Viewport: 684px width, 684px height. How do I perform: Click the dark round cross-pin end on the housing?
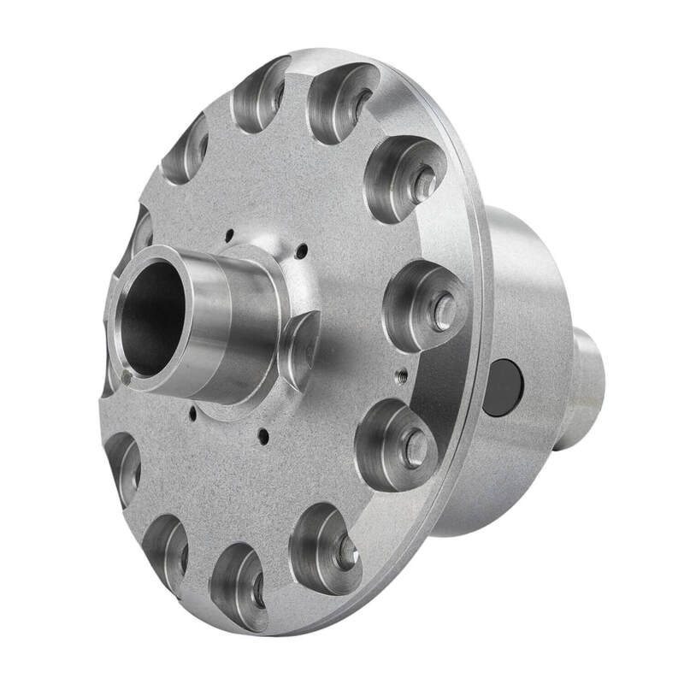point(502,387)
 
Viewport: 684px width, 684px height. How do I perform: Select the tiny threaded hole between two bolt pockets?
point(399,372)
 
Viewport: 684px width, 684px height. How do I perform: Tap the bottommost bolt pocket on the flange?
point(242,586)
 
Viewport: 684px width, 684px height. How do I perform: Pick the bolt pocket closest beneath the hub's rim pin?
point(124,466)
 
